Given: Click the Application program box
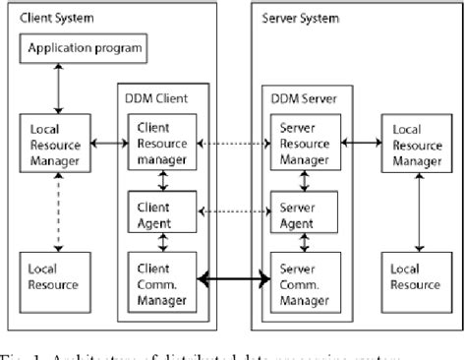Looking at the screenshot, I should tap(84, 48).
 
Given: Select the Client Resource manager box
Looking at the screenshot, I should tap(162, 143).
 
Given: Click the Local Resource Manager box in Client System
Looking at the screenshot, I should tap(55, 145).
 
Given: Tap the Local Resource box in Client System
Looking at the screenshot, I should tap(55, 278).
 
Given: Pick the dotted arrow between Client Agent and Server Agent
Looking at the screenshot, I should tap(234, 210).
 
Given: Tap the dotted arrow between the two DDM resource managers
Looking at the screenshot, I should tap(234, 144).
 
